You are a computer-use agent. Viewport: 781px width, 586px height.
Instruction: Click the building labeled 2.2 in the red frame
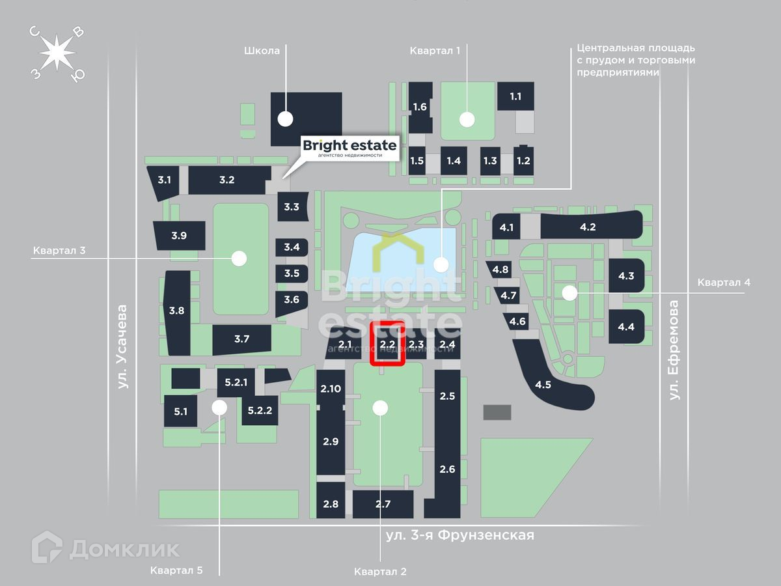(388, 343)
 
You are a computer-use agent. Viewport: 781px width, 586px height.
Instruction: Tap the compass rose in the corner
(57, 52)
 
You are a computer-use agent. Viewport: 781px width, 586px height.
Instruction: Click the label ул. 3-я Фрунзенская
(459, 535)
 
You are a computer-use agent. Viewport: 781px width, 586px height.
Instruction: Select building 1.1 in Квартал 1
(515, 96)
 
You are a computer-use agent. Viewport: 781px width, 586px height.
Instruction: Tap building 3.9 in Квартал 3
(179, 236)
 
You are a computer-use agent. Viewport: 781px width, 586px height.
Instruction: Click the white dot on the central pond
(441, 264)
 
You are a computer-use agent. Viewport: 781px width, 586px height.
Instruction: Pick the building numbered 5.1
(180, 412)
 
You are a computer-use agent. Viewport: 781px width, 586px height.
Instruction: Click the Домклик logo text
(124, 549)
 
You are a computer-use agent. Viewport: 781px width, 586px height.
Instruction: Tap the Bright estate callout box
(350, 148)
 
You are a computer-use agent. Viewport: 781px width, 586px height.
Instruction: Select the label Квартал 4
(724, 283)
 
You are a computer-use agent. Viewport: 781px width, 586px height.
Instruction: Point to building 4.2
(588, 227)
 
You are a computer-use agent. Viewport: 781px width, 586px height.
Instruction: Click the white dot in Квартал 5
(219, 408)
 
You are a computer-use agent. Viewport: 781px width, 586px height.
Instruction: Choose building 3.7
(241, 339)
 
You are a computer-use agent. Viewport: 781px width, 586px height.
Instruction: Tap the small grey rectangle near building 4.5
(497, 412)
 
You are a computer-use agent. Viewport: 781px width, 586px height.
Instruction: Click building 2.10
(331, 389)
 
